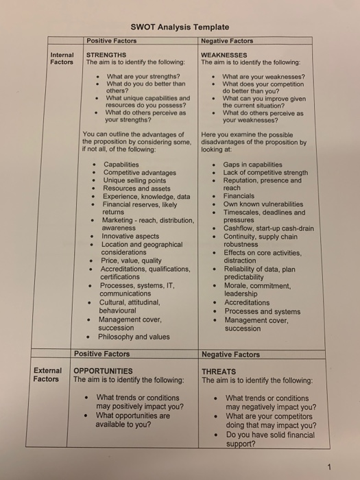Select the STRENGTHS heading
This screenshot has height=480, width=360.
106,55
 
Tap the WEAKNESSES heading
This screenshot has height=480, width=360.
224,55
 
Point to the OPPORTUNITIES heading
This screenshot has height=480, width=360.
103,371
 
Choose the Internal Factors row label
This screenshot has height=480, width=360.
62,58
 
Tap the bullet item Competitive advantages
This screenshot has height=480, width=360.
139,173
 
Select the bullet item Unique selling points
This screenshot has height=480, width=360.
134,180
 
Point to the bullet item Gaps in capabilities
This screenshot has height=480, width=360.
252,165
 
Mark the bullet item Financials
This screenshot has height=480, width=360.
239,196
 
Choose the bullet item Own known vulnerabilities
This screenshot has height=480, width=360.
263,204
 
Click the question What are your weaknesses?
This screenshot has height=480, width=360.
264,76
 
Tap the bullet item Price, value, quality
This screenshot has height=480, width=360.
131,261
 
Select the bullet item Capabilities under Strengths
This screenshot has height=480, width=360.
121,165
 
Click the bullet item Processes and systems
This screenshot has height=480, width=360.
262,311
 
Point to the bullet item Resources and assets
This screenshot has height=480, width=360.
136,189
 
